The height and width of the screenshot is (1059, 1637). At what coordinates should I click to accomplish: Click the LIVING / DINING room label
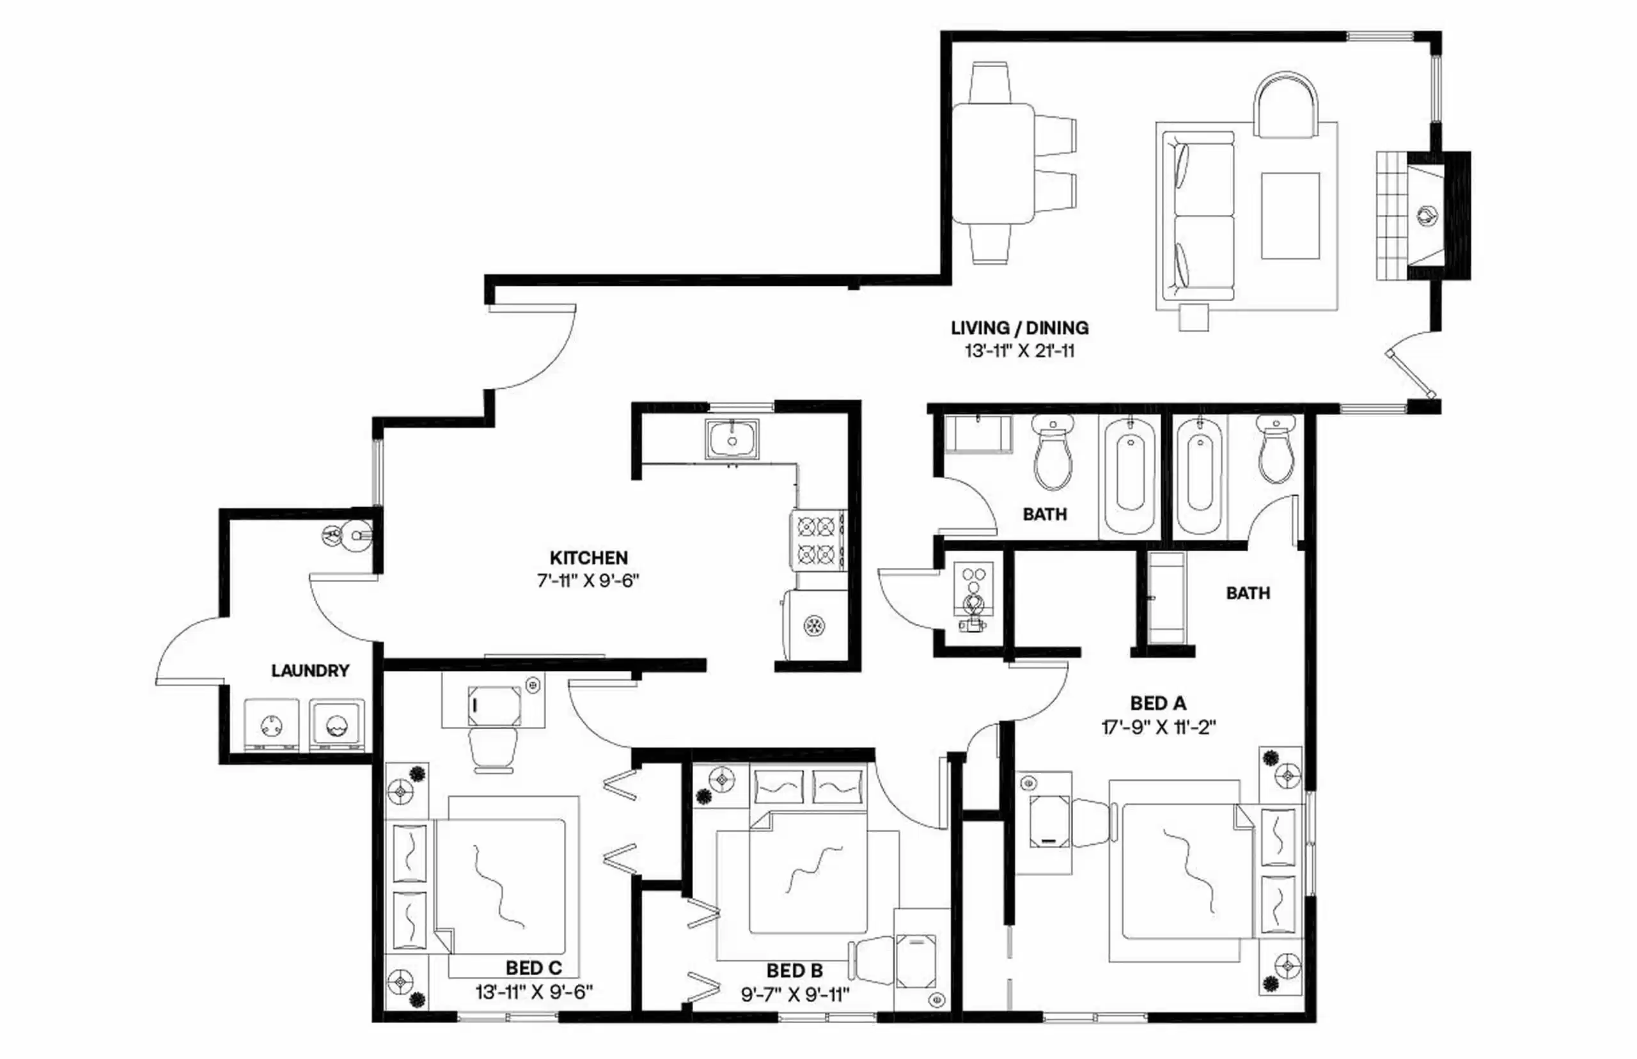tap(1019, 328)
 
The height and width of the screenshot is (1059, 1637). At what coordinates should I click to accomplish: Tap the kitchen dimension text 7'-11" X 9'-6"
tap(588, 581)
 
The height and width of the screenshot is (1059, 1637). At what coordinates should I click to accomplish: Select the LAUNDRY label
tap(310, 670)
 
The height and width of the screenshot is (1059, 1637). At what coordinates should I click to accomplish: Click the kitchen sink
tap(732, 439)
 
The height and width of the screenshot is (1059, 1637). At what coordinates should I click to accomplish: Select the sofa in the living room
tap(1197, 216)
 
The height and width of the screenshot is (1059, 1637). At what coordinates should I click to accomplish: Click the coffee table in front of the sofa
tap(1290, 216)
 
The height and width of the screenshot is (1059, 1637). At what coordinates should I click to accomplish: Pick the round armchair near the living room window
tap(1285, 107)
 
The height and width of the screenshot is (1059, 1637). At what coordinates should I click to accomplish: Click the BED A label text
tap(1159, 703)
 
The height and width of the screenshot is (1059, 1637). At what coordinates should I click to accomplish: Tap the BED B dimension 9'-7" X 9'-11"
tap(795, 994)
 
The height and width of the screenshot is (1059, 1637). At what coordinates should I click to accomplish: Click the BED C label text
tap(533, 968)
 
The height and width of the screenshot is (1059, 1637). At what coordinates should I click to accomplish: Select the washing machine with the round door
tap(336, 725)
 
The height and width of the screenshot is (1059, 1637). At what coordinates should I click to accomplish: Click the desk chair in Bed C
tap(492, 751)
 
